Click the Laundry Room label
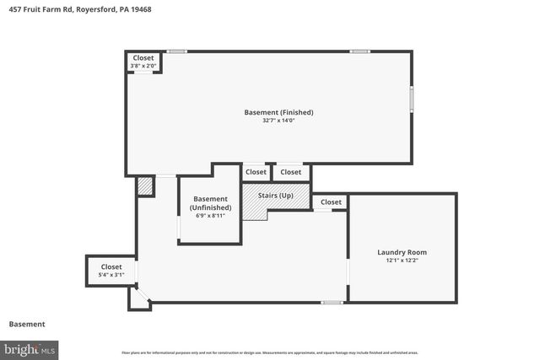pos(402,252)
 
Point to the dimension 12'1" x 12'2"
pos(402,261)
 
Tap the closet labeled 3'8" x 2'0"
pos(143,62)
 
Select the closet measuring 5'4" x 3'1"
pos(111,271)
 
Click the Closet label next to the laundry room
pos(331,202)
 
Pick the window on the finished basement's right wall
pos(412,99)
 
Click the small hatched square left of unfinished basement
pos(145,185)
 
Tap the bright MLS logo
pos(30,347)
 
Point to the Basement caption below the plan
pos(27,324)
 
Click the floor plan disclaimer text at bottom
pos(270,352)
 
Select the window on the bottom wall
pos(332,302)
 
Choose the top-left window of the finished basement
pos(175,51)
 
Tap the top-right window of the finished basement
pos(360,51)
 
